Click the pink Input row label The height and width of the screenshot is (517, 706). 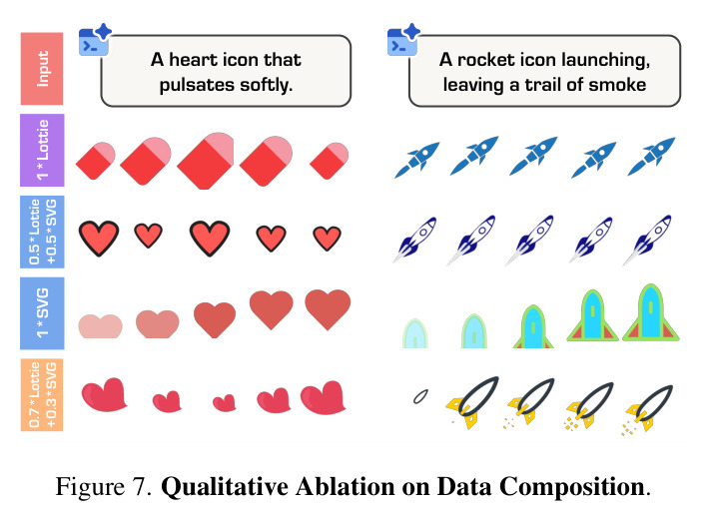(42, 69)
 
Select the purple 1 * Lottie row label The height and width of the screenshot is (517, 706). (42, 150)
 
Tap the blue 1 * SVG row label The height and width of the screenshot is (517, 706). (42, 313)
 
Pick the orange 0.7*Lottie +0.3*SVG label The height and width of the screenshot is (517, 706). (42, 394)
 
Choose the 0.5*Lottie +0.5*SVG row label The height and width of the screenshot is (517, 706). (42, 232)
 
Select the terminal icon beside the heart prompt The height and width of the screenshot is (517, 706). (94, 40)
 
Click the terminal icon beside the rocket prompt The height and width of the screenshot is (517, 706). (403, 40)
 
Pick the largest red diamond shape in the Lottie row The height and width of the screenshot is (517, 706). (206, 161)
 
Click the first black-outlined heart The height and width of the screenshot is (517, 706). (99, 238)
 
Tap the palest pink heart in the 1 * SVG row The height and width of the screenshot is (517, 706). (101, 326)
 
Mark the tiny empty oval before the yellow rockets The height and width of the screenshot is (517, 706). (420, 396)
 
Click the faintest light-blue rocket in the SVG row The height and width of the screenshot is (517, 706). (414, 333)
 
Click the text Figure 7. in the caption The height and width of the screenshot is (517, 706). (103, 487)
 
